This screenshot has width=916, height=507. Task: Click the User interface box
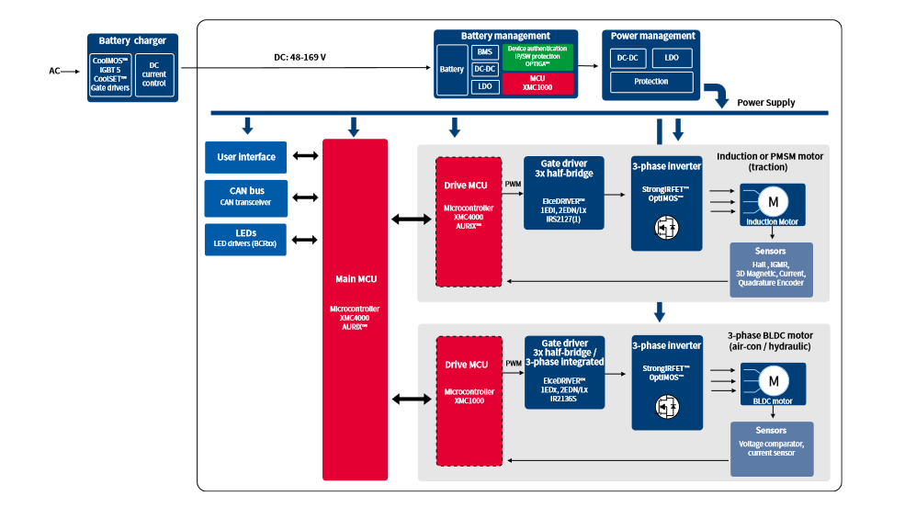[246, 157]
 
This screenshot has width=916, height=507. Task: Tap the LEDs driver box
[246, 239]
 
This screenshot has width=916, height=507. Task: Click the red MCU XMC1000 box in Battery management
[537, 84]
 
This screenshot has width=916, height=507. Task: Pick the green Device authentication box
[537, 56]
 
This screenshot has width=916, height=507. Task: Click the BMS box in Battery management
[486, 52]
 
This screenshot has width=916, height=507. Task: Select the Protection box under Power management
[651, 82]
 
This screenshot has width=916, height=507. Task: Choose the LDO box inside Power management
[673, 58]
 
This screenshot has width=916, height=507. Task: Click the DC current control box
[153, 73]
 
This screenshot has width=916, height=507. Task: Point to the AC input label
[54, 71]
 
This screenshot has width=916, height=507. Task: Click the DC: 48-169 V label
[300, 58]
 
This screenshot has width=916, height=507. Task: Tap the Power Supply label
[765, 103]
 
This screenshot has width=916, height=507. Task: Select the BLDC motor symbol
[772, 383]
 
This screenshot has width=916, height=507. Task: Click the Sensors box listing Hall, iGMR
[771, 266]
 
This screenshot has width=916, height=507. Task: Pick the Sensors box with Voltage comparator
[771, 447]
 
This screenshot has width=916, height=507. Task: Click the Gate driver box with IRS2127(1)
[564, 192]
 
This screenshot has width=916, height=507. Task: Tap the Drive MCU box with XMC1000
[468, 400]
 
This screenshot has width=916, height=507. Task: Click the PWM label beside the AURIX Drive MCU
[513, 184]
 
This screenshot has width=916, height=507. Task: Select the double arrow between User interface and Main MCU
[305, 157]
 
